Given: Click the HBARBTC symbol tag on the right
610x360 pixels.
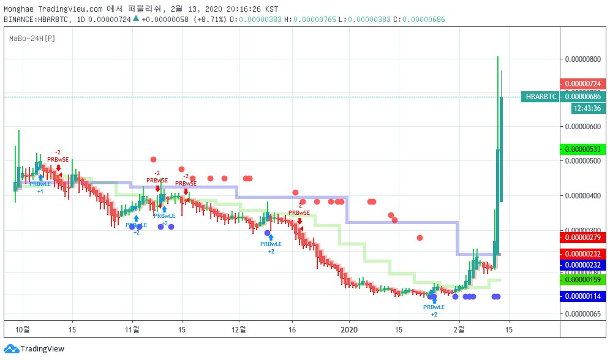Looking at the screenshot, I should click(541, 97).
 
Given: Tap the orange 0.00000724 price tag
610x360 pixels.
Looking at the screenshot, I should click(582, 84).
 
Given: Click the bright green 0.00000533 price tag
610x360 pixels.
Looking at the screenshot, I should click(582, 149).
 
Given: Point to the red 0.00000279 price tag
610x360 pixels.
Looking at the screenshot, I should click(582, 238).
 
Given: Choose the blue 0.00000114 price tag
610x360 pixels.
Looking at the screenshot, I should click(582, 296).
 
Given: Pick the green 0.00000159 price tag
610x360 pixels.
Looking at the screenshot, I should click(582, 280).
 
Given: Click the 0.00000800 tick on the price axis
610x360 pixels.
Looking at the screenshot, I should click(582, 59).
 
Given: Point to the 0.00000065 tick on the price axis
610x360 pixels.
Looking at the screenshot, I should click(582, 314).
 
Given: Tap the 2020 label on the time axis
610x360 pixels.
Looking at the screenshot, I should click(349, 329).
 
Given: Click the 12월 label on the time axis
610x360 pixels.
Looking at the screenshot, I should click(239, 329).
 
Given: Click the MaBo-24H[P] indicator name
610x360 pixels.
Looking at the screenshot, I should click(32, 39).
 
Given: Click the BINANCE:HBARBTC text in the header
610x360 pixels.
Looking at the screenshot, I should click(35, 20).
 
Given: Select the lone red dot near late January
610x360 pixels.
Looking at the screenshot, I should click(420, 238).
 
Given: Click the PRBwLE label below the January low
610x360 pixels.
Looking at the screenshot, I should click(434, 307).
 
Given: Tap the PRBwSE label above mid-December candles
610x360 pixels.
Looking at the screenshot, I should click(299, 213).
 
